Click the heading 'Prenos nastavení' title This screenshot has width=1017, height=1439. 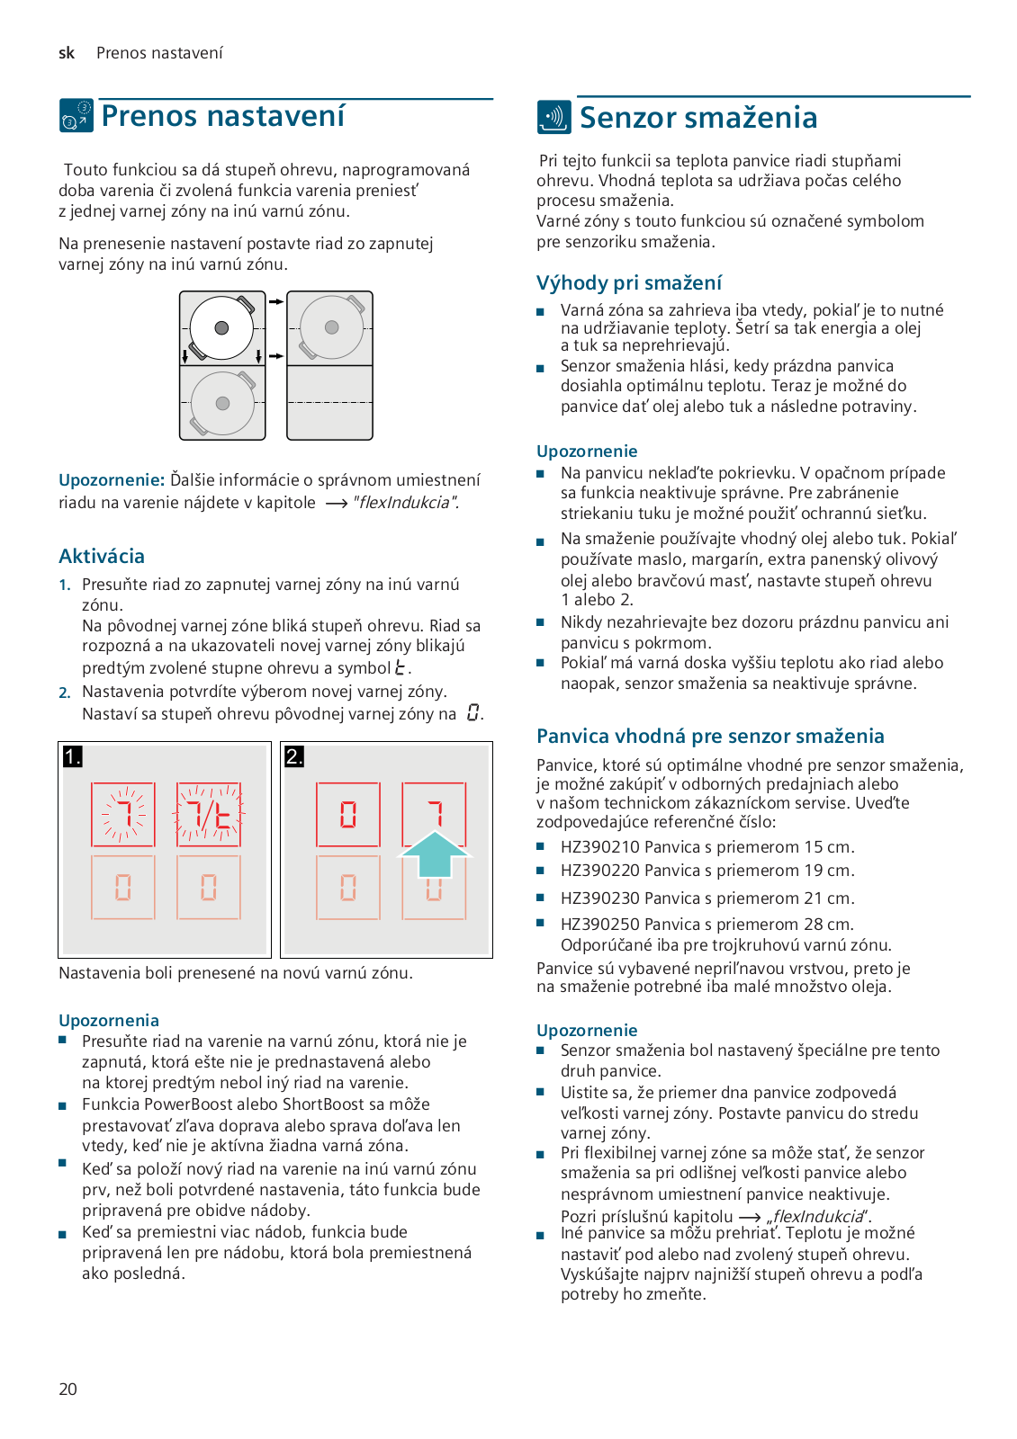pos(222,116)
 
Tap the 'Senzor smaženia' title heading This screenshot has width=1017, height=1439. pos(697,118)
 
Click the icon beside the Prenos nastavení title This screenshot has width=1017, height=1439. pos(76,116)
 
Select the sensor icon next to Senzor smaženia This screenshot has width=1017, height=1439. pos(553,117)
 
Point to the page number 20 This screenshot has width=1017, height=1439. pos(67,1390)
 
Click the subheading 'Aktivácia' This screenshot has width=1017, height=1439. pos(102,556)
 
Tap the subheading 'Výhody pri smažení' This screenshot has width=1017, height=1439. pos(628,283)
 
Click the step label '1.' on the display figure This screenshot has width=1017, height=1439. pos(72,756)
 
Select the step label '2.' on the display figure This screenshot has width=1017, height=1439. pos(294,756)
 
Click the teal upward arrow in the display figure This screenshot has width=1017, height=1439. pos(434,854)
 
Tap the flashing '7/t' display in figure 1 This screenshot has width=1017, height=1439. pos(208,815)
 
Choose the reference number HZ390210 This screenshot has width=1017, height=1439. pos(599,847)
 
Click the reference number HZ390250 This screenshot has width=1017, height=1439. pos(599,925)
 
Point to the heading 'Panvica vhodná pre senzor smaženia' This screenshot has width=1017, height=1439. pos(710,737)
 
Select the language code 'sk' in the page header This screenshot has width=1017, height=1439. pos(67,53)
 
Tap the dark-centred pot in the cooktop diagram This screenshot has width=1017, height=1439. pos(221,328)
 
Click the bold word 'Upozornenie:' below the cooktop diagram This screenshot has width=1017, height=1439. pos(112,480)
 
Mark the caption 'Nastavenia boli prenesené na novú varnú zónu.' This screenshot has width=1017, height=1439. pos(236,973)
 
